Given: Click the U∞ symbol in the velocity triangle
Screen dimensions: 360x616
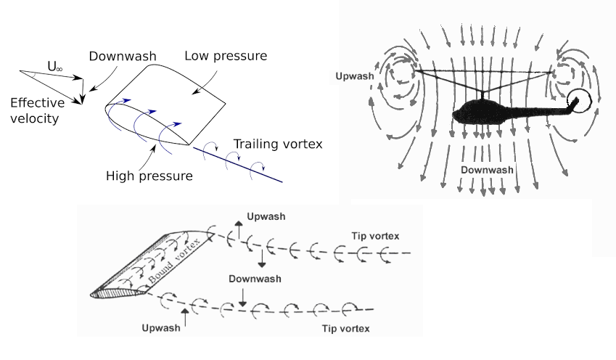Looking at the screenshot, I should click(x=54, y=66).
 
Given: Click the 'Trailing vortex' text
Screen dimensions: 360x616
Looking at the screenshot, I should click(x=277, y=143).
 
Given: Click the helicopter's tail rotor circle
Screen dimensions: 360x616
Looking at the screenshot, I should click(x=580, y=101).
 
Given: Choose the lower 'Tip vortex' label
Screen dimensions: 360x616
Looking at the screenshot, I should click(x=345, y=329).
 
